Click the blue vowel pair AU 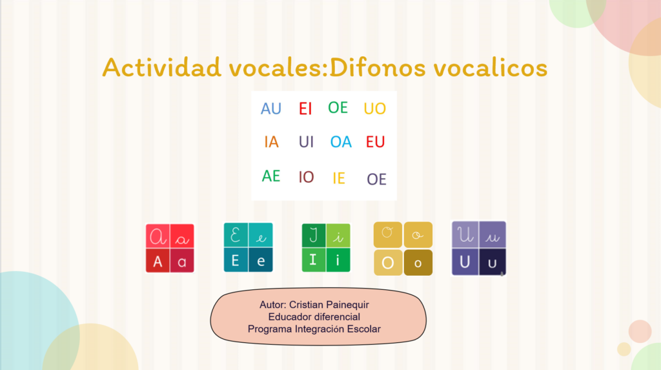click(270, 109)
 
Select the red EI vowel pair click(305, 109)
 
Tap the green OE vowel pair click(338, 108)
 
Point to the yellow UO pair click(375, 109)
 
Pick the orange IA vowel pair click(271, 142)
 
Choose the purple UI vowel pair click(306, 142)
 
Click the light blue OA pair click(341, 142)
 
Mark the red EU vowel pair click(375, 142)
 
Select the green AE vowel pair click(270, 176)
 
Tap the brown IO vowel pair click(306, 177)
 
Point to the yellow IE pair click(338, 178)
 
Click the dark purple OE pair click(376, 180)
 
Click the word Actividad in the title click(162, 67)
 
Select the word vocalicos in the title click(491, 68)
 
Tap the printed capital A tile click(158, 261)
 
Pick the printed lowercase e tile click(261, 260)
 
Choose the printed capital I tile click(313, 260)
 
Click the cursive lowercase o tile click(418, 234)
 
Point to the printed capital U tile click(465, 262)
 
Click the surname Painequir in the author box click(347, 305)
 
